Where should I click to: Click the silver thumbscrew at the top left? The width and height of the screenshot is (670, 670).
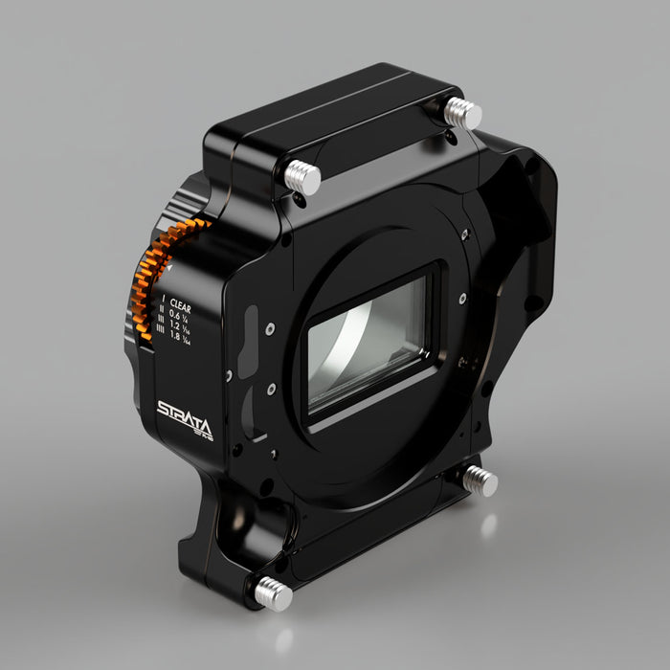(302, 176)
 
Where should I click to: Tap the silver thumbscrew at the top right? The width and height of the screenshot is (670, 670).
(464, 113)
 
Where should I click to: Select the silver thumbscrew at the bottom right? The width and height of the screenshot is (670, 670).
(480, 480)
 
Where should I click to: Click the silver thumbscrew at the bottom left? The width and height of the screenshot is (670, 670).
(272, 592)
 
